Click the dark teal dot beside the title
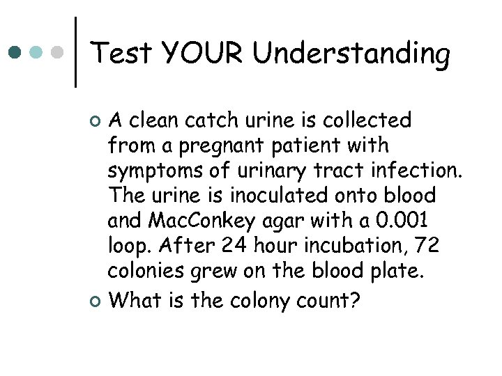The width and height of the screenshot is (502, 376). click(x=16, y=52)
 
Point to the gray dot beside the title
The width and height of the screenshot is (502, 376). click(x=59, y=52)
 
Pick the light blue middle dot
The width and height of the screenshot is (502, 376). click(x=38, y=52)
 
